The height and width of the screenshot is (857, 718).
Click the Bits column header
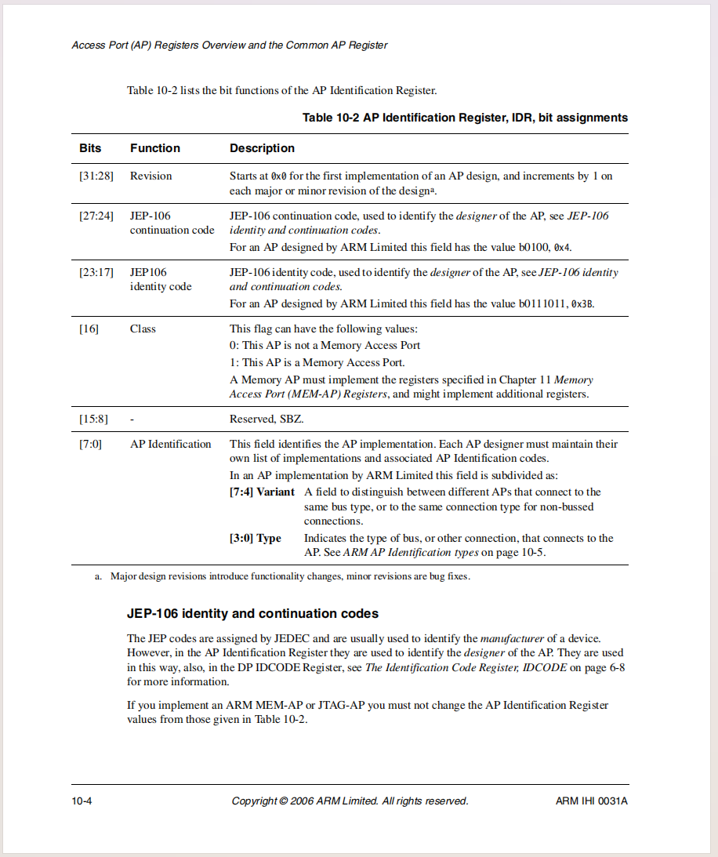(90, 148)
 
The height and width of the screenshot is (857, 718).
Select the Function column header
(155, 148)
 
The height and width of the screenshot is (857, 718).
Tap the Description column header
(262, 148)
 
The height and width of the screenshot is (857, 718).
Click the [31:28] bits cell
(96, 176)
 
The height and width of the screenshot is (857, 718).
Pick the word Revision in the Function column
(150, 176)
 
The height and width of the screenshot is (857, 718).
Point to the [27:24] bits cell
(96, 216)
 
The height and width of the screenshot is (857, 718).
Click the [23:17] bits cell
(96, 273)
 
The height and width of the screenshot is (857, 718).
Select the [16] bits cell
(89, 329)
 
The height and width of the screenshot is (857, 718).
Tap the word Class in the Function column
(143, 329)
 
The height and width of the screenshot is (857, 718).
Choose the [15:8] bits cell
(93, 419)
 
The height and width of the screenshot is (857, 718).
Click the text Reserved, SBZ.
(266, 419)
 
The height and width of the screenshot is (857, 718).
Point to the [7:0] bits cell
(90, 445)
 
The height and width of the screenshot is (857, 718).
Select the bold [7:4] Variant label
(262, 492)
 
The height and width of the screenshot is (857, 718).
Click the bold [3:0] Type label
(255, 539)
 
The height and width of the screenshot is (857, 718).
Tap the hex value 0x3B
(582, 303)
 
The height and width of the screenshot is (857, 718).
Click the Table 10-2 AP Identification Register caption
(465, 118)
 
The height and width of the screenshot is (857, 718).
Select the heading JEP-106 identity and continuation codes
(252, 613)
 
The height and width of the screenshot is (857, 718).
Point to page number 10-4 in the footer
(82, 801)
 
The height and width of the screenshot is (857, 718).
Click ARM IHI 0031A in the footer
(592, 801)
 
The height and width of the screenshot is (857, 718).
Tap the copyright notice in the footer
(350, 801)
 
